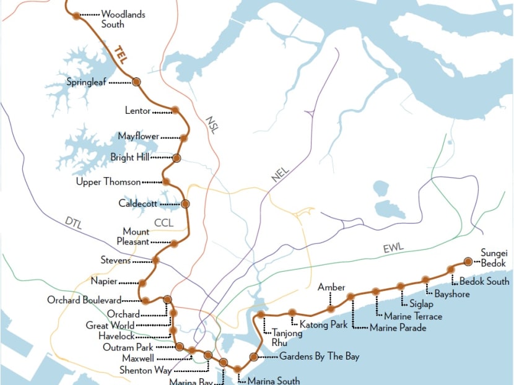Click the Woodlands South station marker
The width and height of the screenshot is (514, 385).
(76, 16)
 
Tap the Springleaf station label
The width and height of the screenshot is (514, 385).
(90, 82)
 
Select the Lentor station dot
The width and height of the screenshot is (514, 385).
(175, 110)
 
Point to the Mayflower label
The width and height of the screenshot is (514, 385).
(139, 136)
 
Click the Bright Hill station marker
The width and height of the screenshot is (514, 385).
(176, 158)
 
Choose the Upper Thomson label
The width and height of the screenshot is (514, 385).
(108, 182)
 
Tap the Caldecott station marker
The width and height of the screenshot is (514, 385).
(185, 204)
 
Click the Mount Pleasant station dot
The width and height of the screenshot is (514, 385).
(175, 243)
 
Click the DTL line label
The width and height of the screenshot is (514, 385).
(74, 221)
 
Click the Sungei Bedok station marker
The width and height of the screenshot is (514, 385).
(469, 262)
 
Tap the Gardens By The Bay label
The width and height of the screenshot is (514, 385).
(319, 357)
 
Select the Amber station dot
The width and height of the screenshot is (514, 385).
(331, 308)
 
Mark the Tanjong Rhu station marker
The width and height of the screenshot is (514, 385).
(262, 315)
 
